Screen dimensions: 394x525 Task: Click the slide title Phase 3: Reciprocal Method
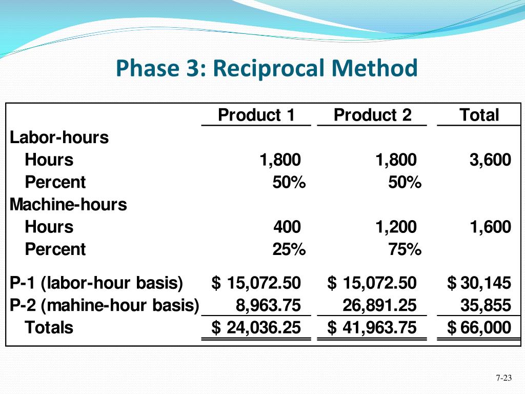click(267, 69)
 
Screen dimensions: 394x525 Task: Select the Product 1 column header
click(256, 115)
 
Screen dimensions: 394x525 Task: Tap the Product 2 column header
click(372, 115)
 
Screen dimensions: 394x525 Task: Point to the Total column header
click(479, 115)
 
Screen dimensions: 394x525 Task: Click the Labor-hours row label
click(59, 137)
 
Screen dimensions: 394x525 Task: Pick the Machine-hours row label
click(68, 205)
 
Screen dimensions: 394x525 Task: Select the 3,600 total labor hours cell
click(490, 160)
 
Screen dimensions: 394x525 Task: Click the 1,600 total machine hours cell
click(490, 227)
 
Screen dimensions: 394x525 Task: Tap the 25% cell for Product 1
click(289, 249)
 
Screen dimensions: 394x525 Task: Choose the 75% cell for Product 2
click(405, 249)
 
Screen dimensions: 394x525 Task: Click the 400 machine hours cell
click(287, 227)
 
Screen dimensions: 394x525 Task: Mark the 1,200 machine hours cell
click(396, 227)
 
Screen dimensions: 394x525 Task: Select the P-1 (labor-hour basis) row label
click(96, 283)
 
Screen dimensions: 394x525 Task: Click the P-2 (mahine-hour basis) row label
click(105, 305)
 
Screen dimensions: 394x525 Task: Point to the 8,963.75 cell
click(268, 305)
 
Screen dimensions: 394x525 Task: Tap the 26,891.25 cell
click(379, 305)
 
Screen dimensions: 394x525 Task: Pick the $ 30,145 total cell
click(479, 283)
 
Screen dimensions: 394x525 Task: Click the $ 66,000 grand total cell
click(479, 328)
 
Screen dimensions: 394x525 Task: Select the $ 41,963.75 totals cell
click(372, 328)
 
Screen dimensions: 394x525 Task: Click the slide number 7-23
click(504, 379)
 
